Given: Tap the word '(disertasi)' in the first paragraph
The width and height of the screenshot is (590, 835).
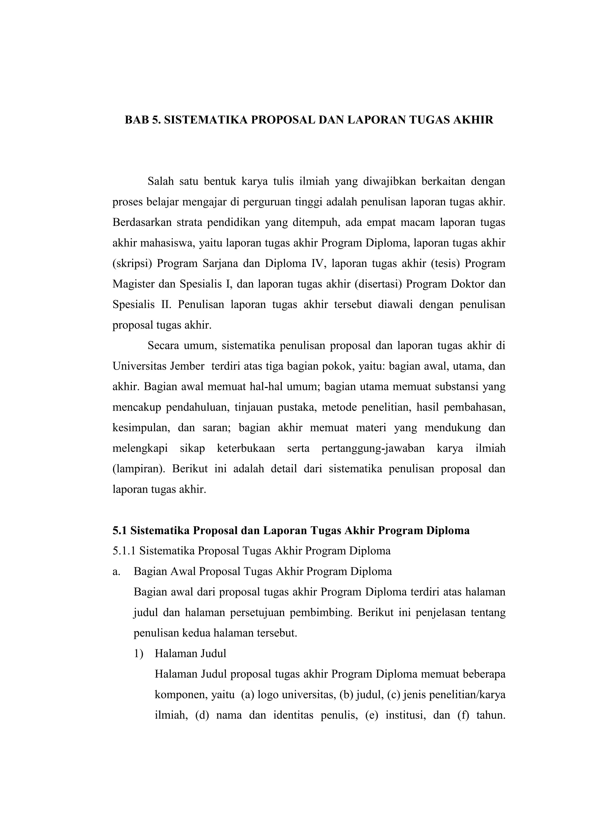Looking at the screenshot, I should click(378, 284).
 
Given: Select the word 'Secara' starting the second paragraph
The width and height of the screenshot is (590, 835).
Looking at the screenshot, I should click(163, 345).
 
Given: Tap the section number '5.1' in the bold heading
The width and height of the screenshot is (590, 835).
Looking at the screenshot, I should click(120, 531).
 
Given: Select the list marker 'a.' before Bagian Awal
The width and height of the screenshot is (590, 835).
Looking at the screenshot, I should click(116, 572).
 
